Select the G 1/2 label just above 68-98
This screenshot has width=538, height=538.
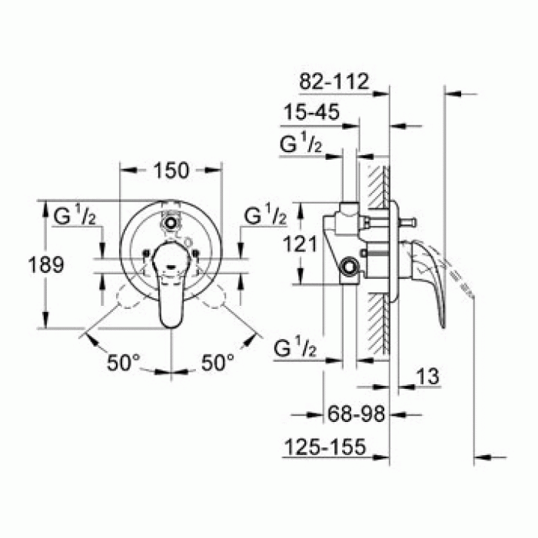tap(295, 349)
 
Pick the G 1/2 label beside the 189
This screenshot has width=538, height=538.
tap(74, 218)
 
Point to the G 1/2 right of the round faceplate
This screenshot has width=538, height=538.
tap(265, 218)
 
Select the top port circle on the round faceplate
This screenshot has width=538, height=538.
tap(170, 224)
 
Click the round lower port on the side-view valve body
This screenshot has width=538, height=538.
tap(350, 267)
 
